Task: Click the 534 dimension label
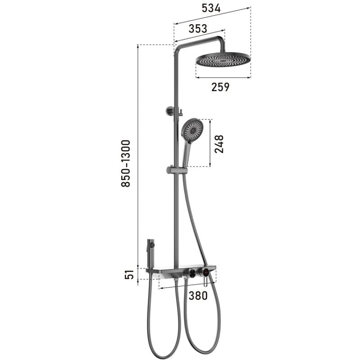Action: [211, 8]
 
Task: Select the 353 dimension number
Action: [198, 29]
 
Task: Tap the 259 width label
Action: [220, 87]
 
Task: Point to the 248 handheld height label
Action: [219, 144]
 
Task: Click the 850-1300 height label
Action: [126, 163]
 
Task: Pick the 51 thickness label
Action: [129, 274]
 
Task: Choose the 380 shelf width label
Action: [198, 296]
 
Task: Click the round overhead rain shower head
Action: [223, 60]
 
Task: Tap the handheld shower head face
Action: [193, 131]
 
